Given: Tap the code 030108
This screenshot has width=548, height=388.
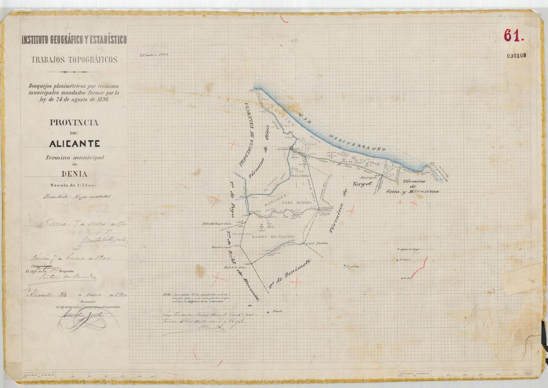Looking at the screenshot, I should point(516,56).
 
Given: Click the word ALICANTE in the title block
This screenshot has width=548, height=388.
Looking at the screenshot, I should point(74,143).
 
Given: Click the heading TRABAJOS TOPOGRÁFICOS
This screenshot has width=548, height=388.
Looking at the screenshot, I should point(74,59).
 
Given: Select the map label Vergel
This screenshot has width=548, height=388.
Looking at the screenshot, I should point(363,184).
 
